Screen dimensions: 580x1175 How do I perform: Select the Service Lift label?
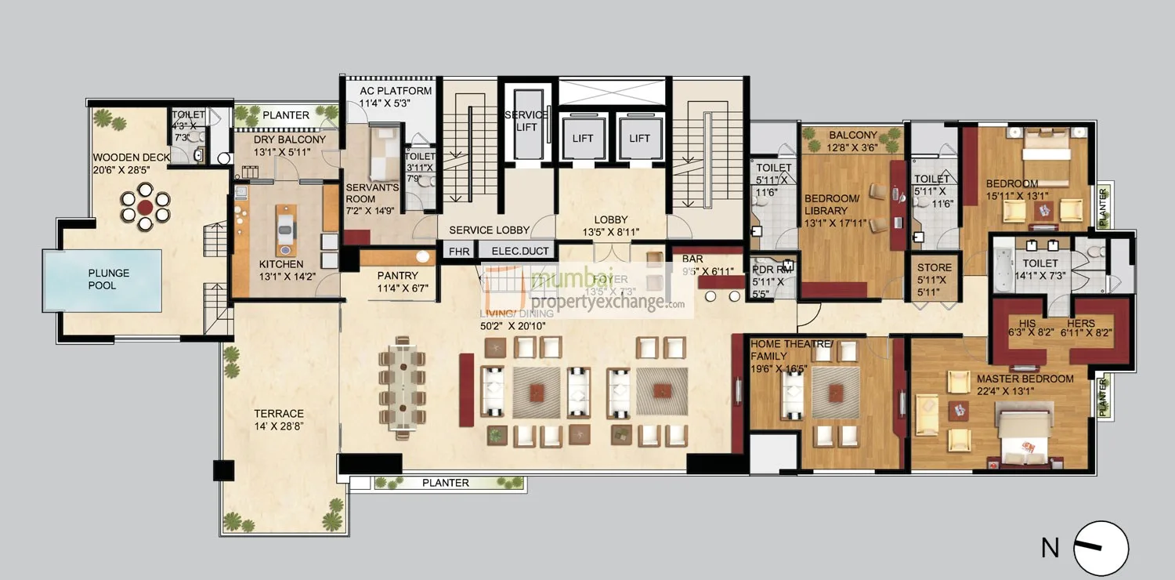point(526,121)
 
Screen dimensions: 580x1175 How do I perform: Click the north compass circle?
point(1101,548)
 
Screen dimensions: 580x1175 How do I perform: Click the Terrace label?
point(278,414)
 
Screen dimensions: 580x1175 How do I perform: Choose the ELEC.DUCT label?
point(514,252)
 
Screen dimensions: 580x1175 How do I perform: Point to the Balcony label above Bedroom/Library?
point(852,136)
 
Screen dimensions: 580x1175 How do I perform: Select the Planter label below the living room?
point(445,483)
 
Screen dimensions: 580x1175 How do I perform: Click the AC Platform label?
point(396,91)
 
